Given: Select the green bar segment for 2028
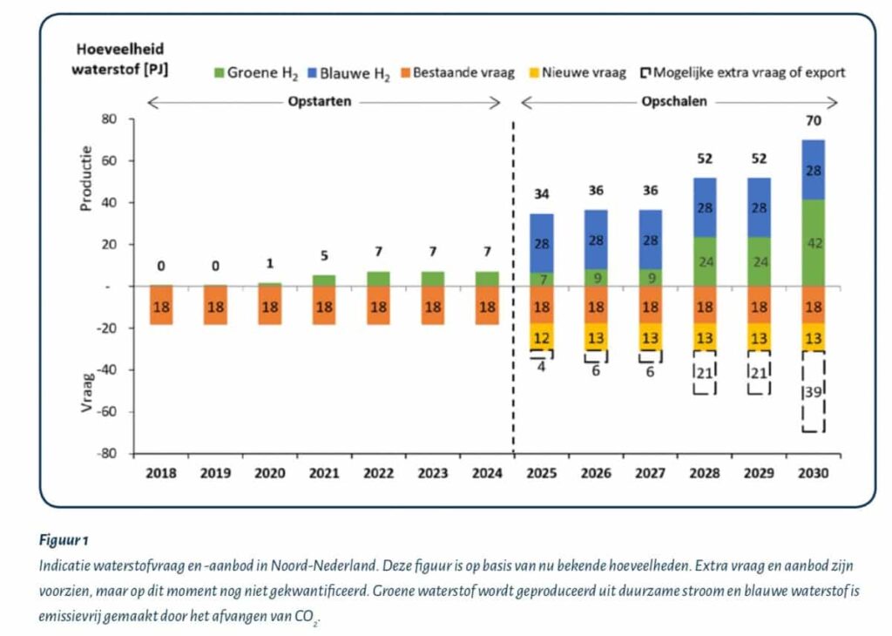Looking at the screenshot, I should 705,261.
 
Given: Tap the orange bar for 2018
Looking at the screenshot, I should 161,306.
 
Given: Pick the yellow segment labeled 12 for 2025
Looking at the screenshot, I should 542,338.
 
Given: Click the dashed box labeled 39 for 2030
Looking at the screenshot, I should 813,392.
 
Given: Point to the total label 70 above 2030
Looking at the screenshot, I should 813,121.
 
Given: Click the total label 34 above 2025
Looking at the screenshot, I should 542,194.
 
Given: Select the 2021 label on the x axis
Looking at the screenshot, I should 323,474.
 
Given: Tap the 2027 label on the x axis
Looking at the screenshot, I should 650,474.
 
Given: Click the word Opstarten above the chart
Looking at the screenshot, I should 320,101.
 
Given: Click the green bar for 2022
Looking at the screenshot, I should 378,278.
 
